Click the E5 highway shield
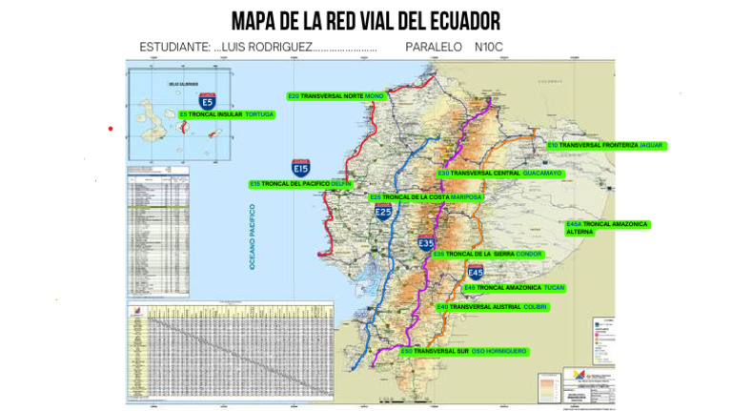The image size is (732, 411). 208,100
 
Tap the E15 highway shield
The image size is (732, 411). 300,168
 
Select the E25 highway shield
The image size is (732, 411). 383,211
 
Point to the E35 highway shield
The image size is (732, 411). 426,243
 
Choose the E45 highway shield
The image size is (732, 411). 476,273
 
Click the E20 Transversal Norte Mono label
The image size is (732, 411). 335,96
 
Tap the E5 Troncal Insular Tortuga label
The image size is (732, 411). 226,114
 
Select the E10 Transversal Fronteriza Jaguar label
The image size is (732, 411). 605,145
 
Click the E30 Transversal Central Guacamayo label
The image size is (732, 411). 499,174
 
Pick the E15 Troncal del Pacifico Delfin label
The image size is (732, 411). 300,183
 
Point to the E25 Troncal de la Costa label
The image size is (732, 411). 425,197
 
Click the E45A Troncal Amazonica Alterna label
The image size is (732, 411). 606,228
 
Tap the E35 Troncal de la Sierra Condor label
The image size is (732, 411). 487,255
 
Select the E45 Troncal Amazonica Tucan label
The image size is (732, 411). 515,287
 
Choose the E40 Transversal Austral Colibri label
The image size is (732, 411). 492,307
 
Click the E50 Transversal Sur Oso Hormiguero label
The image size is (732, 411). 463,351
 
